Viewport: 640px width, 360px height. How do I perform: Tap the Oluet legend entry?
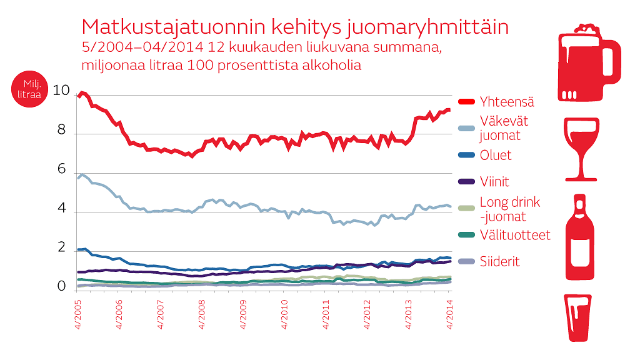496,155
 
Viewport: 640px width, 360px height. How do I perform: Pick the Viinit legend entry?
494,182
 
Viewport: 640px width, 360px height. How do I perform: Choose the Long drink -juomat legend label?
510,209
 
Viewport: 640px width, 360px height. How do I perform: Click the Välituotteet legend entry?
515,235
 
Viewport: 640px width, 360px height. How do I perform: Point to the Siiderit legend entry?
499,262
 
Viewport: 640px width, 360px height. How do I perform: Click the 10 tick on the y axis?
62,91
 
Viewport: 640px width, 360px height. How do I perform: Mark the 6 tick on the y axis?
62,170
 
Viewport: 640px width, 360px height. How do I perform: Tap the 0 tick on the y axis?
62,287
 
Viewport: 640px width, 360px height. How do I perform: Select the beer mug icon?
587,62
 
